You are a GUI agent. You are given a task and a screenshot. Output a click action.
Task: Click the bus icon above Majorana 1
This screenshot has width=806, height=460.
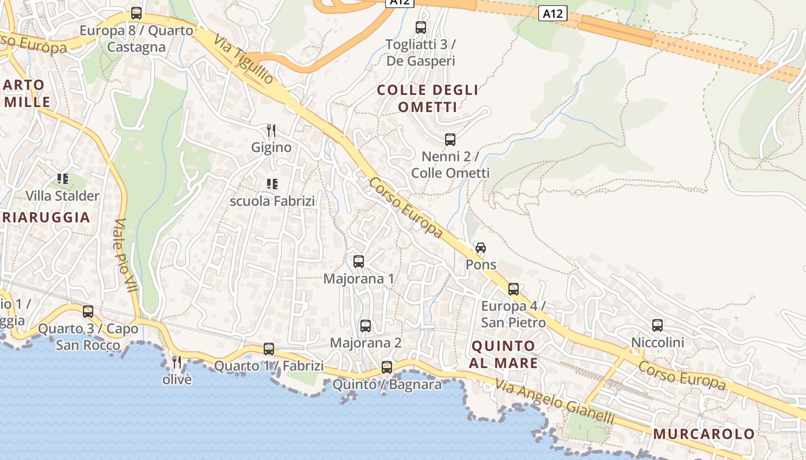359,262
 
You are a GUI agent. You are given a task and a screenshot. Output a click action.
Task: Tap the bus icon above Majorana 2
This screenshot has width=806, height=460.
366,326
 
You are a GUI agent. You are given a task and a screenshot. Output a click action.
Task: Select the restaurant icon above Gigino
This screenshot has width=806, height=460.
271,131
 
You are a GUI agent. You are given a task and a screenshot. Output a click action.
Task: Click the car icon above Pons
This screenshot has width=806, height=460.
481,248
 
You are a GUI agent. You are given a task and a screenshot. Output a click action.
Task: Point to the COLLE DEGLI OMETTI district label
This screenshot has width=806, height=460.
428,98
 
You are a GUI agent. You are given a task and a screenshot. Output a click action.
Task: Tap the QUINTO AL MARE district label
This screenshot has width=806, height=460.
503,354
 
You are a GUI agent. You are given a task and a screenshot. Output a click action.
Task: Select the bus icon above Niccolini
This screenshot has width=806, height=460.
657,325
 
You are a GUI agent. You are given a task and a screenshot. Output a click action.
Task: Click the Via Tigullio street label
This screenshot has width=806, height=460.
244,59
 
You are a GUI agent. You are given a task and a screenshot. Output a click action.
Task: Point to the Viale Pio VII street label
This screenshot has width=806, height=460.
126,255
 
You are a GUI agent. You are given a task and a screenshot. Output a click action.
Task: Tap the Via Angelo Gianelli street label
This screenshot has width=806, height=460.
555,403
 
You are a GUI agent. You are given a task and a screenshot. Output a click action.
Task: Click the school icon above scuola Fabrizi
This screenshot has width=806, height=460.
272,184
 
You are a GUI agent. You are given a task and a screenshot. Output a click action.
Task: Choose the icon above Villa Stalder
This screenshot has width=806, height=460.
62,179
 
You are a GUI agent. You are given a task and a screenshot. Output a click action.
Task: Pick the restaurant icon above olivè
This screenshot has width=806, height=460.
177,362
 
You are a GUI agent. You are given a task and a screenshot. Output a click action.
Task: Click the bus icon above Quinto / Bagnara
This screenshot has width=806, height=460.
387,367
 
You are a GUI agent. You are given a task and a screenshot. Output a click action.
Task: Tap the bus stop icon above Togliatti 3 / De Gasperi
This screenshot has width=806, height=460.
421,27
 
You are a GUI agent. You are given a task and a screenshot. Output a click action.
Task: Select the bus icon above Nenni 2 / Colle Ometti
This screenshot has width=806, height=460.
450,139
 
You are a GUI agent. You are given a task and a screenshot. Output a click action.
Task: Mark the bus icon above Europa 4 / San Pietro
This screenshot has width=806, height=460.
514,289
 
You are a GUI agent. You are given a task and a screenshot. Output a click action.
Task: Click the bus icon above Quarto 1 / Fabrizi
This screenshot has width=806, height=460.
269,348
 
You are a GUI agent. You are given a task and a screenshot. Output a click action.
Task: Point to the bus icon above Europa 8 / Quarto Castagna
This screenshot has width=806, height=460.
136,13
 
